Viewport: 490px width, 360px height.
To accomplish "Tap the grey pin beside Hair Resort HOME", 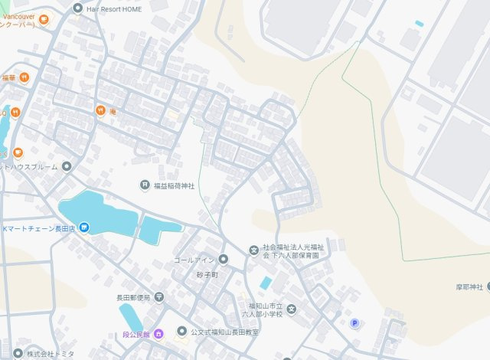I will (77, 8).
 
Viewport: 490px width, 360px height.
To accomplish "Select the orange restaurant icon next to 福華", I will (24, 77).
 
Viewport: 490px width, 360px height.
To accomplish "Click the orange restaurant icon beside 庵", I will (100, 111).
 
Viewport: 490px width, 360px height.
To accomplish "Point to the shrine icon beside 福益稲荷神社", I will (144, 185).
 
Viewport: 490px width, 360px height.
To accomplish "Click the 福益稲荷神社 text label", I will (174, 185).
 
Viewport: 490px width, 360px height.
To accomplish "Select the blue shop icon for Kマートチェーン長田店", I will (84, 228).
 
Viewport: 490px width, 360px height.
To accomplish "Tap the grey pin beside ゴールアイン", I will (223, 260).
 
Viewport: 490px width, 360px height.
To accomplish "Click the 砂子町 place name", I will (207, 274).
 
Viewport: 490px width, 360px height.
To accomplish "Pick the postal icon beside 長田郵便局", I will (158, 296).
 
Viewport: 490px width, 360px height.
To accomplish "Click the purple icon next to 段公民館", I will (158, 333).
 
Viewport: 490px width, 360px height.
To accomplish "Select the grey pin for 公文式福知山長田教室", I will (181, 332).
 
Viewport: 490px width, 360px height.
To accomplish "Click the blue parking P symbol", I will (354, 323).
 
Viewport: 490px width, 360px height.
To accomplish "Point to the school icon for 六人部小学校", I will (291, 309).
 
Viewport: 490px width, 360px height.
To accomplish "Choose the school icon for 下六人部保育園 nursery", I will (253, 250).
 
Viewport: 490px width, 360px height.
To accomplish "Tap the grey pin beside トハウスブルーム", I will (67, 166).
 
